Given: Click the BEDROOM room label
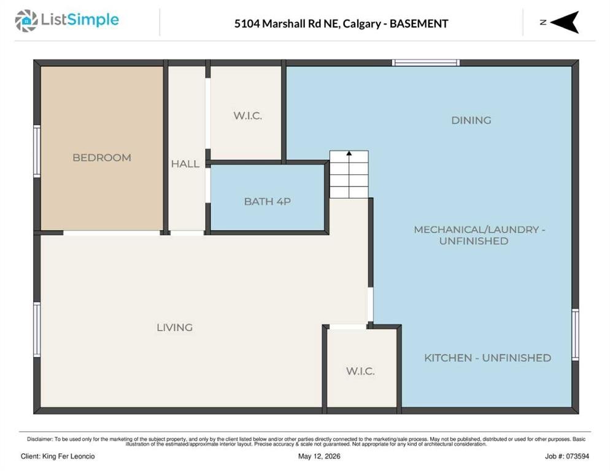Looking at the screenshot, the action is [102, 158].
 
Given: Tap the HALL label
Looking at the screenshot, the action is [185, 164].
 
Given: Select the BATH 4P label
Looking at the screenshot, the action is [268, 202].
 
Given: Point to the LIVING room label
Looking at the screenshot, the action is [175, 327].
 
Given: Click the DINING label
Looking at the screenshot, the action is [471, 120].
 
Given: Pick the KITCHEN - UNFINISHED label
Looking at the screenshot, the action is [487, 358].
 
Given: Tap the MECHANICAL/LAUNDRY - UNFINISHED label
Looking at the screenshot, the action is [479, 235].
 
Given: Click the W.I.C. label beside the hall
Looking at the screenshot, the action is [247, 115].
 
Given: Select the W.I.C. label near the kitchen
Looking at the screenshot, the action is [360, 371].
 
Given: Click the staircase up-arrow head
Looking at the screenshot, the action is [349, 154].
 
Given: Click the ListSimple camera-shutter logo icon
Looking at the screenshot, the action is [26, 21].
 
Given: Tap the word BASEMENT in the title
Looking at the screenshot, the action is [419, 24].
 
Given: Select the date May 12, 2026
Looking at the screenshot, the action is [319, 456].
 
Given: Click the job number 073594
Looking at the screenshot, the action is [577, 456].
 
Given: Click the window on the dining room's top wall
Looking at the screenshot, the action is [426, 63].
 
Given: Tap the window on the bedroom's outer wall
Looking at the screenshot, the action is [37, 151].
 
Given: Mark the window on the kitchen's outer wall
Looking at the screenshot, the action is [575, 335].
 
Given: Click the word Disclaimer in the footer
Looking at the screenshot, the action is [40, 439].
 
